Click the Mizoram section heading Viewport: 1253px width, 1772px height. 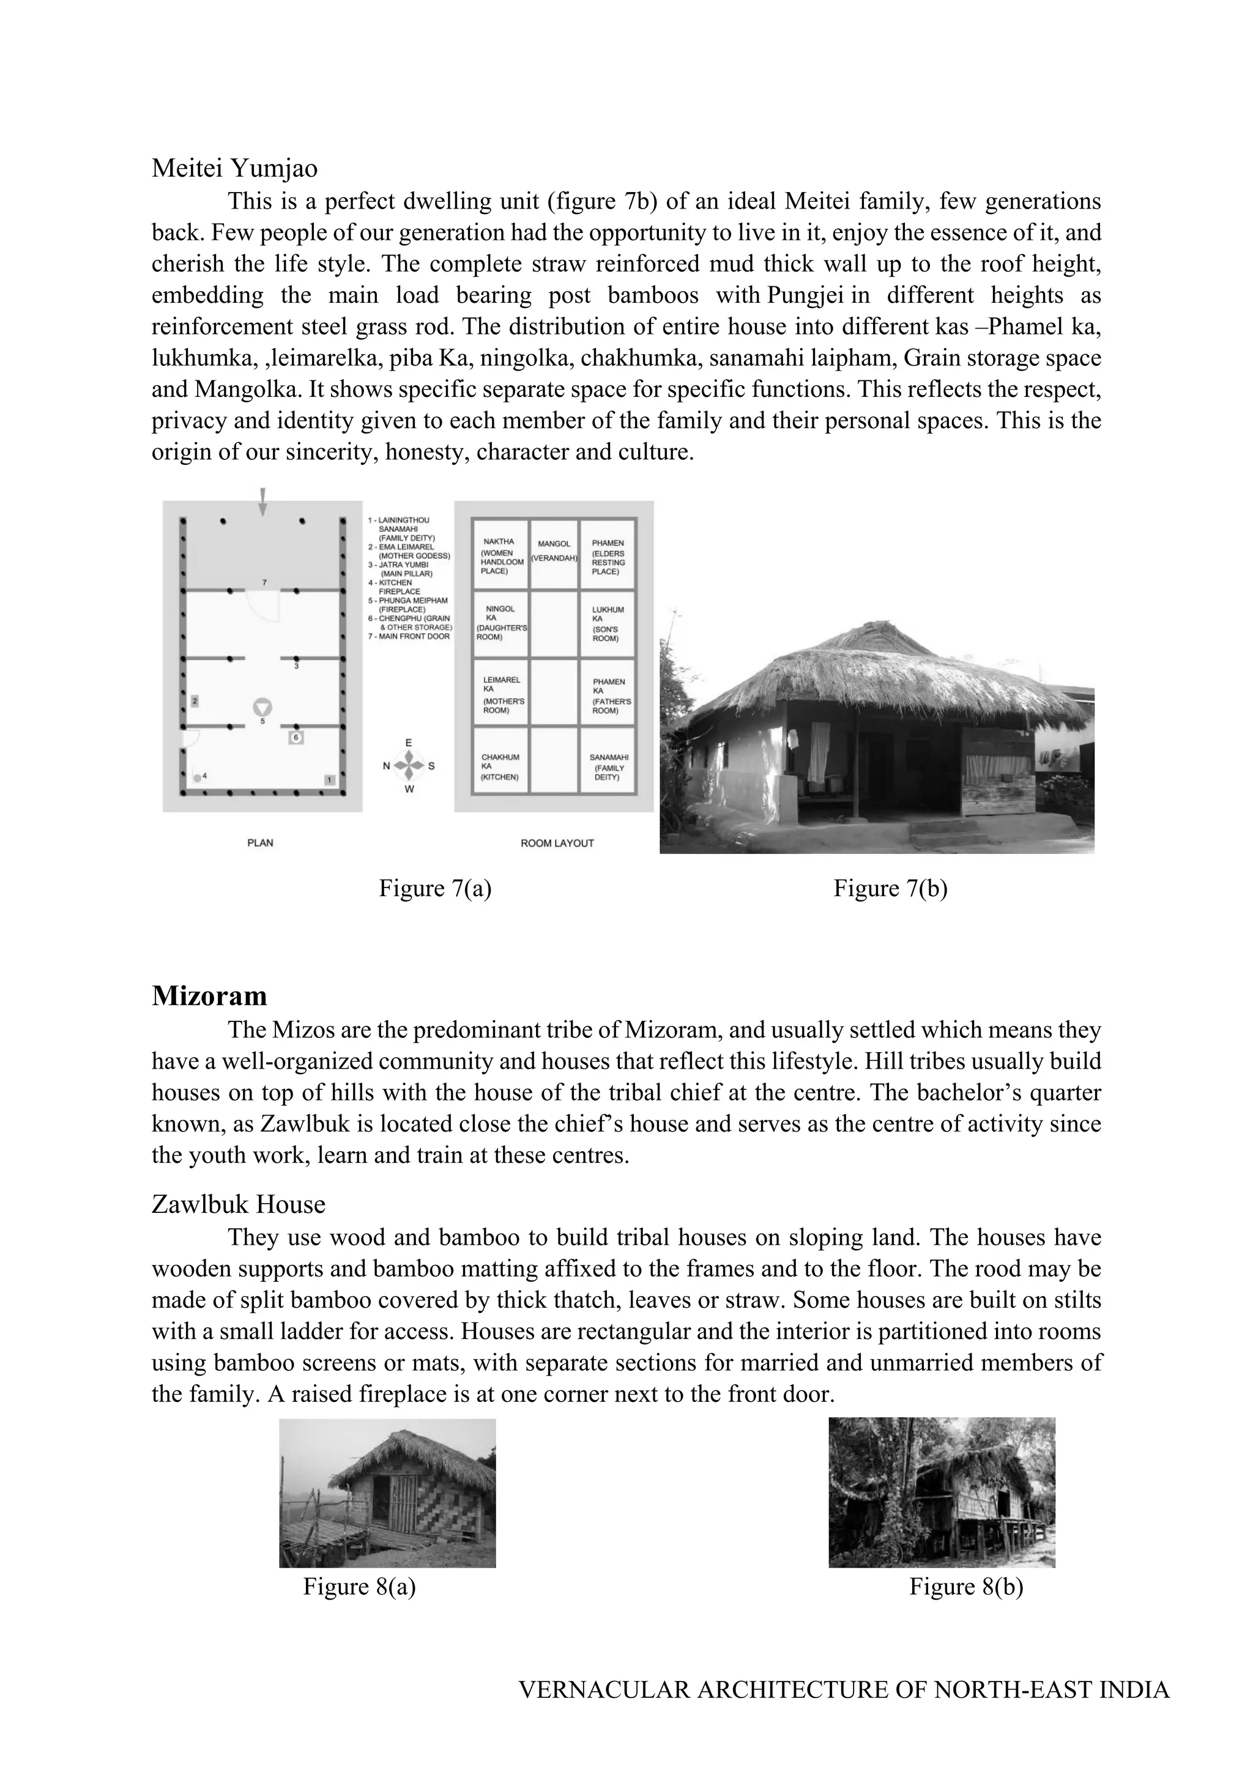tap(209, 996)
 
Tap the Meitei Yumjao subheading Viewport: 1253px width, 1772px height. tap(235, 168)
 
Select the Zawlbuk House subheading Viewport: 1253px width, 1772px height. tap(239, 1204)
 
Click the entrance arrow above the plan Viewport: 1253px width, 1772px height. tap(263, 501)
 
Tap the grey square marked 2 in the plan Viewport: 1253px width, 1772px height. tap(195, 701)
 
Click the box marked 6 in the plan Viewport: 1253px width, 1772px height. tap(296, 738)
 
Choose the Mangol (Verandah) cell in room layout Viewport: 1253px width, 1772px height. tap(554, 551)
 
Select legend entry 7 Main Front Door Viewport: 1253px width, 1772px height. tap(409, 637)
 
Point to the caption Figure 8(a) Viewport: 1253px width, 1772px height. tap(359, 1586)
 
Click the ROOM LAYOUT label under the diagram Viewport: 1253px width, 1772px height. tap(557, 843)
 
